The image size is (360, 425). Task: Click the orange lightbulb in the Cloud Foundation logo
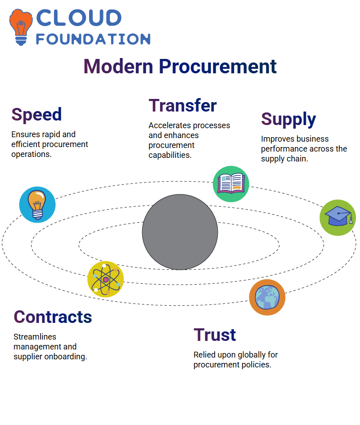click(21, 27)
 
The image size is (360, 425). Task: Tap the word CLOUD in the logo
click(79, 18)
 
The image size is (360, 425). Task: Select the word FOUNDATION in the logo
click(93, 39)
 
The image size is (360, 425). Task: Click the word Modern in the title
click(118, 67)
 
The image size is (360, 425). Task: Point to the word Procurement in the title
click(217, 67)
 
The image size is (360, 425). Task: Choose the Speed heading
click(36, 115)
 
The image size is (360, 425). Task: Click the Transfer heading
click(183, 105)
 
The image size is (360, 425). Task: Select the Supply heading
click(288, 120)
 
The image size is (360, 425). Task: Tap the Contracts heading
click(53, 317)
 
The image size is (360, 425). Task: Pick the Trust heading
click(215, 335)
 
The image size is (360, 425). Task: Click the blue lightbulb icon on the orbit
click(37, 205)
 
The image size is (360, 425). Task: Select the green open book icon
click(231, 184)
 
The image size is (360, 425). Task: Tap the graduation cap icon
click(337, 218)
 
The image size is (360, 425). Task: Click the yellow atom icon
click(106, 279)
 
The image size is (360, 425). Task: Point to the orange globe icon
click(267, 297)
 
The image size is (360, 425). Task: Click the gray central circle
click(180, 232)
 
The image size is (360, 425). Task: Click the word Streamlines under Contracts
click(35, 337)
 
